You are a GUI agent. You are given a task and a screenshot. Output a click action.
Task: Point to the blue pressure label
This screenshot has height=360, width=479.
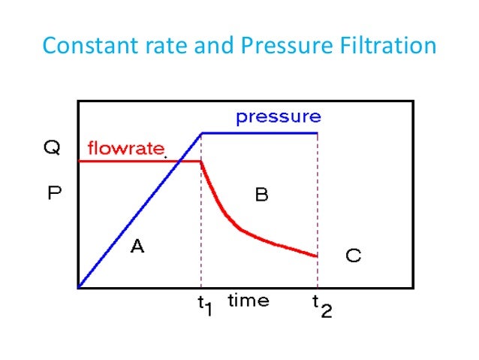(278, 117)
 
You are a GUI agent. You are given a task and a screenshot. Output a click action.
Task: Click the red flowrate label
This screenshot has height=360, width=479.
(125, 148)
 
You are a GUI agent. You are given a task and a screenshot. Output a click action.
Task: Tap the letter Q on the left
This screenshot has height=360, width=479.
(52, 148)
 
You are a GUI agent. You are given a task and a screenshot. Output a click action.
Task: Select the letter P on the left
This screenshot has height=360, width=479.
(53, 193)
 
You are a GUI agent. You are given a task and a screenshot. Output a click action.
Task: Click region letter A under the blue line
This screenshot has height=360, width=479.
(137, 245)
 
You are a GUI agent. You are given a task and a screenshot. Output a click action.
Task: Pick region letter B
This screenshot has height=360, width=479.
(261, 195)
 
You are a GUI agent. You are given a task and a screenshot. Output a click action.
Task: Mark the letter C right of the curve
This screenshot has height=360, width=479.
(353, 256)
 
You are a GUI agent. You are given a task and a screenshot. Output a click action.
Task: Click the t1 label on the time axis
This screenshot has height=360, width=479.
(202, 304)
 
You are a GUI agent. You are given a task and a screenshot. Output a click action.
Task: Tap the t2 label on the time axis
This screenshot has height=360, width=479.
(321, 304)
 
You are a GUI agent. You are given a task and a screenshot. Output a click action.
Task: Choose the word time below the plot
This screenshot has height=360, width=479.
(249, 301)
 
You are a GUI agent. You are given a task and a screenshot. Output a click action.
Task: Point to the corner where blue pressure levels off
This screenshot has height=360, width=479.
(201, 133)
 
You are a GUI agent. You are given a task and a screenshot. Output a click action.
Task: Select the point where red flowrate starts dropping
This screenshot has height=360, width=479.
(201, 161)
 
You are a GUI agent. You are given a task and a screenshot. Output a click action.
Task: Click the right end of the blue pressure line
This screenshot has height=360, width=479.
(318, 133)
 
